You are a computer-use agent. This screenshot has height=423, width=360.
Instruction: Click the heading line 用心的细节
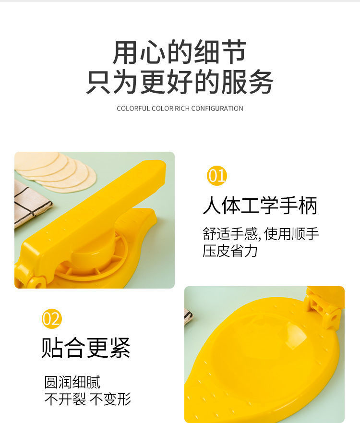pyautogui.click(x=180, y=52)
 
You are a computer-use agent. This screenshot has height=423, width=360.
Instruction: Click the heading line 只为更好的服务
pyautogui.click(x=180, y=82)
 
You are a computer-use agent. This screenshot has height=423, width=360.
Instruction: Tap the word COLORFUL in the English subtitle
pyautogui.click(x=133, y=109)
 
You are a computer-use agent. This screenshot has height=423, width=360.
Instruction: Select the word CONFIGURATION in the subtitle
pyautogui.click(x=217, y=109)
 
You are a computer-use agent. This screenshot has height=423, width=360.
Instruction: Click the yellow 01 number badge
pyautogui.click(x=216, y=176)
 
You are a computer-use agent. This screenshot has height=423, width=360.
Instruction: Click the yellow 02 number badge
pyautogui.click(x=51, y=319)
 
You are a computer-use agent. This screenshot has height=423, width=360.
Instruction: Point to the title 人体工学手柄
pyautogui.click(x=260, y=206)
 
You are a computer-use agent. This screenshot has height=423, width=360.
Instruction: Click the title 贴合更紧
pyautogui.click(x=86, y=348)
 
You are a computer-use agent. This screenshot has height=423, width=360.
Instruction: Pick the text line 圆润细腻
pyautogui.click(x=72, y=382)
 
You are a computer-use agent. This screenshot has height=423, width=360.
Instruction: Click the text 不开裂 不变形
pyautogui.click(x=87, y=399)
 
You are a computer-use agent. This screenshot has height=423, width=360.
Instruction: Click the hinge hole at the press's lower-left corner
pyautogui.click(x=36, y=283)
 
